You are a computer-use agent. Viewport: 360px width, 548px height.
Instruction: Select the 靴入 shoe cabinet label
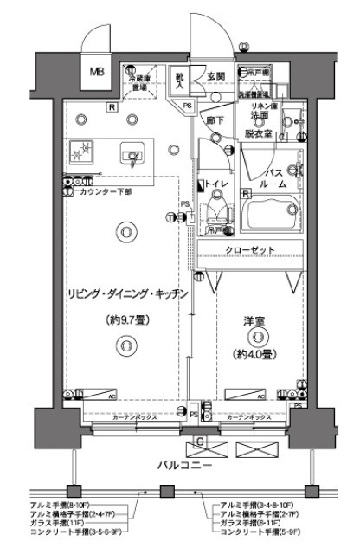(x=178, y=80)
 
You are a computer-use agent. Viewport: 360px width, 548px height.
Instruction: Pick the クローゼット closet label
(x=251, y=249)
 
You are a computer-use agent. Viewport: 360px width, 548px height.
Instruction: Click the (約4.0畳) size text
(x=253, y=353)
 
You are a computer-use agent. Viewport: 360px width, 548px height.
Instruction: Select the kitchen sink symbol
(x=132, y=155)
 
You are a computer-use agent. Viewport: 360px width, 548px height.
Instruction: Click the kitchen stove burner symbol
(x=84, y=152)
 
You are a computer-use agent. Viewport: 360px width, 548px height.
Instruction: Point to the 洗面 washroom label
(x=260, y=115)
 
